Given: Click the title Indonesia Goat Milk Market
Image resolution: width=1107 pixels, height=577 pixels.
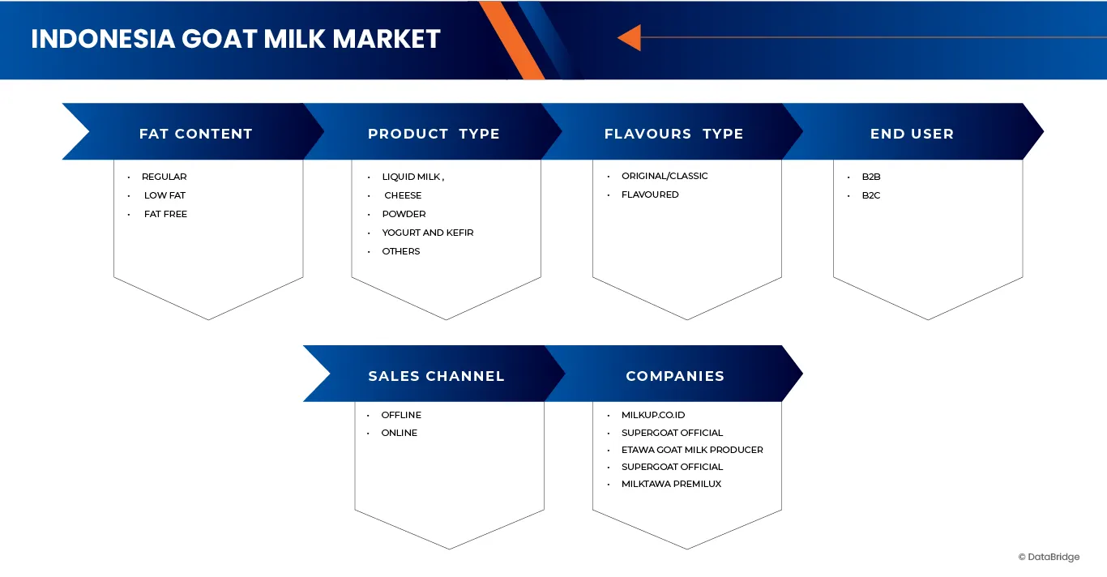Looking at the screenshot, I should [x=235, y=39].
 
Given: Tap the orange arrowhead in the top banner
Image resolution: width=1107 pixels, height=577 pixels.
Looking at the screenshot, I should [x=630, y=37].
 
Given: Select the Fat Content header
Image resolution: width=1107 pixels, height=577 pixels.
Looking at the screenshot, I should [x=195, y=134].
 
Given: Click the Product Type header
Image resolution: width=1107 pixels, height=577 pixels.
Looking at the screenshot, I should [x=434, y=134].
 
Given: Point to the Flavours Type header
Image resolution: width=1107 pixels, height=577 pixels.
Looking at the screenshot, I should [x=673, y=134].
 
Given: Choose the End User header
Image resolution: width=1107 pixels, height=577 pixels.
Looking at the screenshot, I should [x=912, y=134].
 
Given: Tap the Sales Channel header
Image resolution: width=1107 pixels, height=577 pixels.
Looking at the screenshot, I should [x=436, y=376].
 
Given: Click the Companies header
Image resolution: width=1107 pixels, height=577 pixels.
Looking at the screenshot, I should [x=675, y=376].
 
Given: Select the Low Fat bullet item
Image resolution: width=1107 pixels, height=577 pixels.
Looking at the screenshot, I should [x=165, y=195].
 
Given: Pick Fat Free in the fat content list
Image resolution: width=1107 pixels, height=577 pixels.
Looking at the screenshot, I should [x=165, y=214].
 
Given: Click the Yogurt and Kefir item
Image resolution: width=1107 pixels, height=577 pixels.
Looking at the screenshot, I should [x=427, y=233].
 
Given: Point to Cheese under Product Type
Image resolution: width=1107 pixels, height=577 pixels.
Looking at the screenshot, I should [x=403, y=195].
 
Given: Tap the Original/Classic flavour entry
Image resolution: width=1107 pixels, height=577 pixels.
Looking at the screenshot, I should [x=665, y=176].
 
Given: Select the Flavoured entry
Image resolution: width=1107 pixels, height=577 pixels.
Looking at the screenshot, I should [x=650, y=194].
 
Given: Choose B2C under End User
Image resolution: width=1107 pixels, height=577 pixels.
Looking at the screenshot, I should [x=871, y=195].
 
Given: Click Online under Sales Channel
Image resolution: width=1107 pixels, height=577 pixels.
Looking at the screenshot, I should [x=399, y=433].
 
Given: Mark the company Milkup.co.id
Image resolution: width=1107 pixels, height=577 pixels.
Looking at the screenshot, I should [x=653, y=415].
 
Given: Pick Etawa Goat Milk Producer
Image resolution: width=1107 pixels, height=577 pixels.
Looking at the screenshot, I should [x=692, y=450].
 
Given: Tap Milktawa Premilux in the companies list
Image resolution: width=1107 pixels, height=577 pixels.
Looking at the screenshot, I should [x=671, y=484].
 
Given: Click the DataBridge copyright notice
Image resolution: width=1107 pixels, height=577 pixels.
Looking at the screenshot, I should [x=1049, y=557].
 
